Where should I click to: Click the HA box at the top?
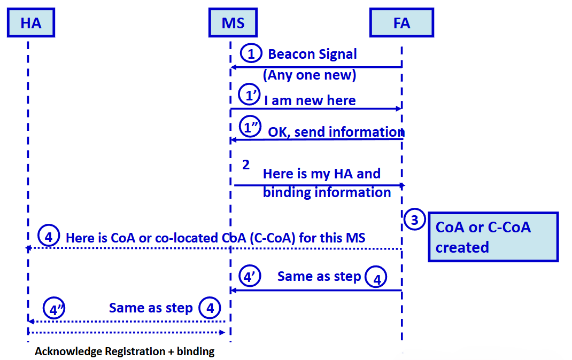[31, 22]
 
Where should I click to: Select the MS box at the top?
[233, 22]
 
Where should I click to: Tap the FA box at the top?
[401, 22]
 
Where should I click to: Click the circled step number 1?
[251, 53]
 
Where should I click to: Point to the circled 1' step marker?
[250, 95]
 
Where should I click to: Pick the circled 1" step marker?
[250, 127]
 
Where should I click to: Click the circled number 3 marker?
[414, 220]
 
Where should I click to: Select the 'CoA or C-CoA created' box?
[493, 237]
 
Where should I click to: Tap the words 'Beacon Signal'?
[312, 54]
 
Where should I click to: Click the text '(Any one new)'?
[310, 75]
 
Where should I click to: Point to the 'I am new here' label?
[310, 100]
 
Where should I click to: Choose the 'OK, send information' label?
[336, 131]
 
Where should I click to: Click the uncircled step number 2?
[246, 165]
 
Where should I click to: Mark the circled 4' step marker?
[250, 276]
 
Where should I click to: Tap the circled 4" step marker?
[54, 308]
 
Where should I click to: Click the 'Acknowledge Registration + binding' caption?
[125, 351]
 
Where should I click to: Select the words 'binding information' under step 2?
[327, 192]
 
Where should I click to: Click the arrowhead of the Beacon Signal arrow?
[234, 67]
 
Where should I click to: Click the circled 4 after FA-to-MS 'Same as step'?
[376, 277]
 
